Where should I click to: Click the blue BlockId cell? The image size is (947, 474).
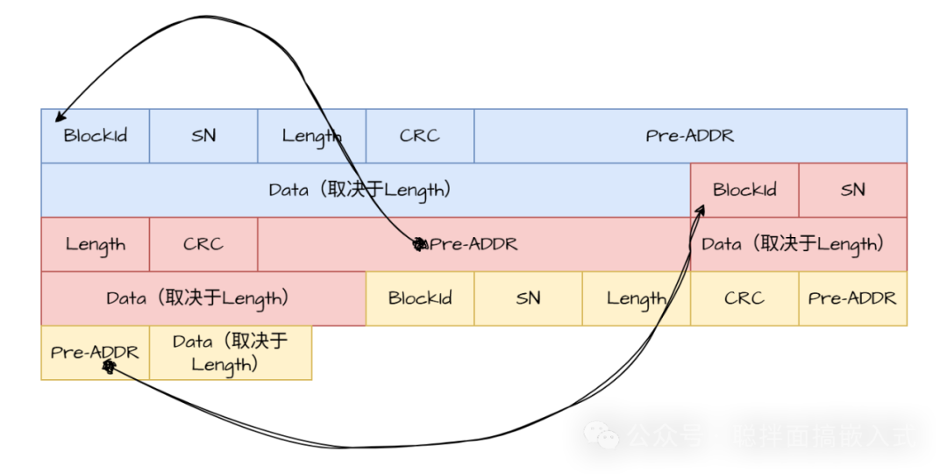point(95,136)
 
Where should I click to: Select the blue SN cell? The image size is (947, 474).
point(203,136)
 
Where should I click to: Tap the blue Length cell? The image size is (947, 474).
point(311,136)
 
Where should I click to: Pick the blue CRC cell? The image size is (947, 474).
point(420,136)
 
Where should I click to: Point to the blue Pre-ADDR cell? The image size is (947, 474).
point(690,136)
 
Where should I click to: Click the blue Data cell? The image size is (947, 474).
point(365,190)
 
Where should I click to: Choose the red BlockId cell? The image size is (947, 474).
point(744,190)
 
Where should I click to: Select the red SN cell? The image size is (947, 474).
point(852,190)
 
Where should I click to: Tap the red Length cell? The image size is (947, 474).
point(95,244)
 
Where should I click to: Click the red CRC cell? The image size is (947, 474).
point(203,244)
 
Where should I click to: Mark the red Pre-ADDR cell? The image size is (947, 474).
point(473,244)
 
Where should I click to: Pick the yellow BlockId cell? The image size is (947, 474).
point(420,298)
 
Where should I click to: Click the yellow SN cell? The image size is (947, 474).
point(528,298)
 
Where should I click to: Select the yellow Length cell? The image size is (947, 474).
point(636,298)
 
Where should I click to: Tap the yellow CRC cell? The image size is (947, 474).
point(744,298)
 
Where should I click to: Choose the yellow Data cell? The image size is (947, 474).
point(231,353)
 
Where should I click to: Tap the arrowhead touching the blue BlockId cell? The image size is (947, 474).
point(60,118)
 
